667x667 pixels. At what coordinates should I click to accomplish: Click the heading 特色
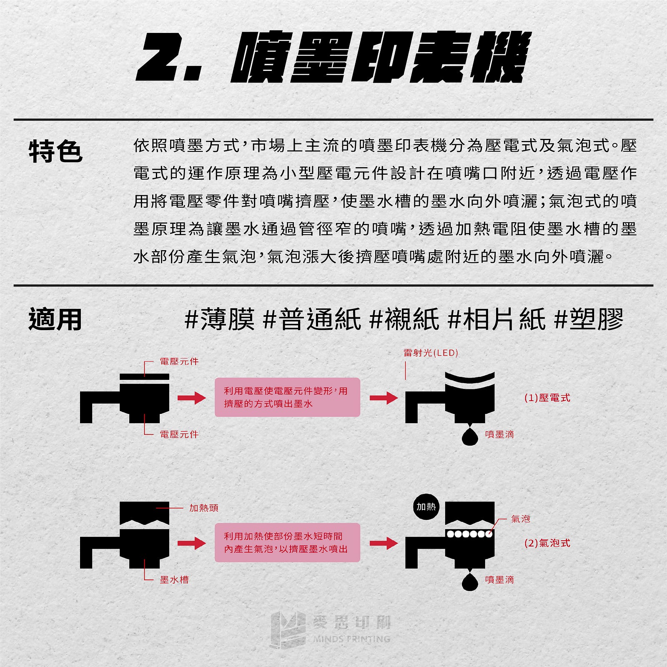55,151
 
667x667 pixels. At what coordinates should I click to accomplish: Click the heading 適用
55,320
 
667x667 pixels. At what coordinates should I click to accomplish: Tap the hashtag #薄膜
219,320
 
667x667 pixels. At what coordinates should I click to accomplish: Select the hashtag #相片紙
496,320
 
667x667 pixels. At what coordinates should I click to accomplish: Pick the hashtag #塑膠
589,320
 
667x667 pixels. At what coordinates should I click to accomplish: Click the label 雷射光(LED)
431,353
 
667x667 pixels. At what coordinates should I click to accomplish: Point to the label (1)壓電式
547,398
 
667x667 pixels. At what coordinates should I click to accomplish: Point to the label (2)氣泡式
547,543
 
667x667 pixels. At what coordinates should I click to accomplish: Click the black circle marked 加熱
426,507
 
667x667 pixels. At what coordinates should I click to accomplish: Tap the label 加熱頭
203,508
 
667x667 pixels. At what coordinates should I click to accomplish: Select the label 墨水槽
174,579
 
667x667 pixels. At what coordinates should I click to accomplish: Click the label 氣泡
520,519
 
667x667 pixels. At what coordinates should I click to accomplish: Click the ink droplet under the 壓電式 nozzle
470,436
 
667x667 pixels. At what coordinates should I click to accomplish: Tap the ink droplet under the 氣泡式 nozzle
470,581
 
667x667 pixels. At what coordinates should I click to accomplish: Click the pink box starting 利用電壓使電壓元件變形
287,397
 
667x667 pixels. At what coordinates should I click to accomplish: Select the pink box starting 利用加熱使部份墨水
287,542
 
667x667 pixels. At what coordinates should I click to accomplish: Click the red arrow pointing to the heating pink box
191,543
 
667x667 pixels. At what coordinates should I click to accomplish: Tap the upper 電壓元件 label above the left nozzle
179,361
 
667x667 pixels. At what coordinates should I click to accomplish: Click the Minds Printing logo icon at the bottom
288,629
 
